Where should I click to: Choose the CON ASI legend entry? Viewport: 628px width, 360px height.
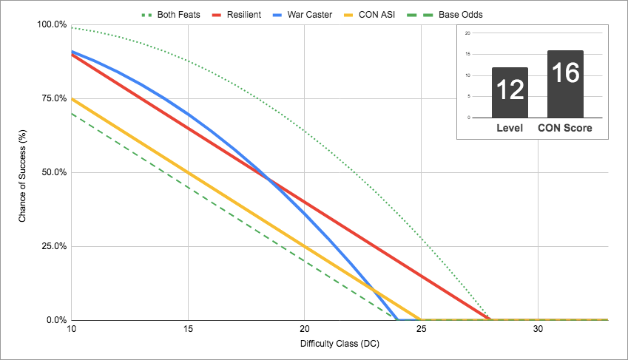tap(398, 14)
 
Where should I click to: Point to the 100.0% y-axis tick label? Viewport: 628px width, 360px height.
tap(52, 25)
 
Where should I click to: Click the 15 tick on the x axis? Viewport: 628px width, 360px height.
tap(188, 329)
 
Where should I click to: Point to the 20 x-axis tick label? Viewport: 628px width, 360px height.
tap(305, 329)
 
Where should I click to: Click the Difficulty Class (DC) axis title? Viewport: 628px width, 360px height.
tap(340, 344)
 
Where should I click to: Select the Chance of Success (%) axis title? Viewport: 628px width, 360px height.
tap(23, 173)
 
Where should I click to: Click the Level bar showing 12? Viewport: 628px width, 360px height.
tap(510, 92)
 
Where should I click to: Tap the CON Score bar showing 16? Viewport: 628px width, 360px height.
tap(565, 84)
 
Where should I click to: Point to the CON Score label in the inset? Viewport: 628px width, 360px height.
tap(565, 129)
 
